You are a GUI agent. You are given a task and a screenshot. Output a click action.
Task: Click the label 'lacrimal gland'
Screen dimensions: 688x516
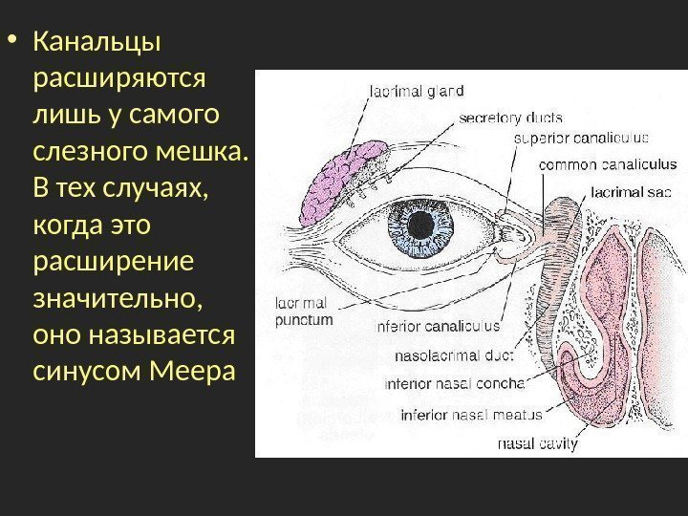pos(416,92)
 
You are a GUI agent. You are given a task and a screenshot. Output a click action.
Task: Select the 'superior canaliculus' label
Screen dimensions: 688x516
pos(582,138)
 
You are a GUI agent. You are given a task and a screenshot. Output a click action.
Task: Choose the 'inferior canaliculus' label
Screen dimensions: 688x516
pos(440,326)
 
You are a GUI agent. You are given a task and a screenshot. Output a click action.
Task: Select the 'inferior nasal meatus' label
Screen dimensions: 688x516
pos(471,416)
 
